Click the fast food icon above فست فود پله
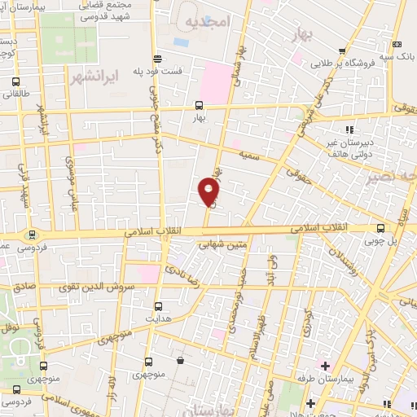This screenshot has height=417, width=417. coord(156,57)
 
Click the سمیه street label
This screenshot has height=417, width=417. coord(248,151)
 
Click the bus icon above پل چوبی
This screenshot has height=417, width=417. coord(381,229)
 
